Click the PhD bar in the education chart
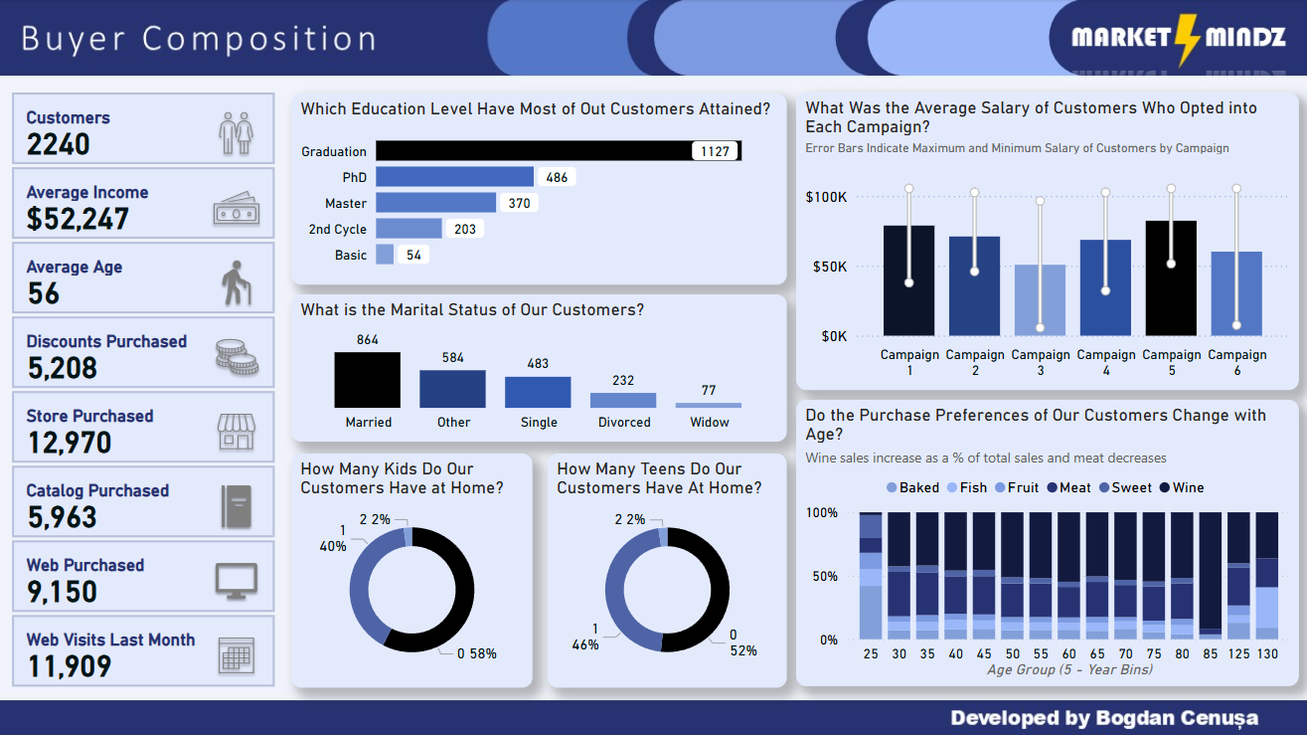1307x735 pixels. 454,177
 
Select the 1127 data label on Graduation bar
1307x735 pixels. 715,151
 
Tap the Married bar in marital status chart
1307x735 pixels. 367,380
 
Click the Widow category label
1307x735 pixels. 709,422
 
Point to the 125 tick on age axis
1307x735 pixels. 1238,653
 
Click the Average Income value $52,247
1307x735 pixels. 78,219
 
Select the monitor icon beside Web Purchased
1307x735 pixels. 237,581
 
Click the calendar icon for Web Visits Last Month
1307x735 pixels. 237,655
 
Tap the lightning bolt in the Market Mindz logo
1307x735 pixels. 1187,38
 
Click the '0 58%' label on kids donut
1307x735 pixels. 476,653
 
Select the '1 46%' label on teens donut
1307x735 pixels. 585,637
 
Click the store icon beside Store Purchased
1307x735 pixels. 237,432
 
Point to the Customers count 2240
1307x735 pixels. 58,145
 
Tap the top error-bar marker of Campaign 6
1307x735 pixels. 1236,188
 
